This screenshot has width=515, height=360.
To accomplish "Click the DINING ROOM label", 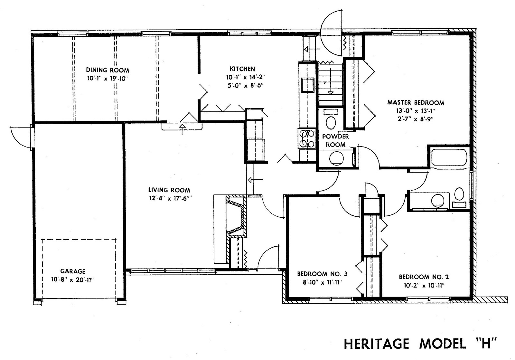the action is (x=108, y=70).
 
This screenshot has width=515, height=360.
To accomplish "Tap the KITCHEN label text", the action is (x=242, y=69).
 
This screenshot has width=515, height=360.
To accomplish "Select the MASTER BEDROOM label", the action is (x=416, y=102).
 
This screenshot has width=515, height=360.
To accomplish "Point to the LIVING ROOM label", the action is (x=169, y=190).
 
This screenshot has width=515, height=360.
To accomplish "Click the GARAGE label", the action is (x=73, y=271).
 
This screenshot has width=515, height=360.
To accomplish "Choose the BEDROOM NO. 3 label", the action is (x=322, y=274).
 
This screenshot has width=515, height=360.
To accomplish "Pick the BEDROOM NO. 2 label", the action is (x=424, y=277).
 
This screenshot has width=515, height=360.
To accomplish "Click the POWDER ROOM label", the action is (x=336, y=140).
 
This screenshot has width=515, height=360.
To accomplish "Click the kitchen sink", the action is (x=308, y=85).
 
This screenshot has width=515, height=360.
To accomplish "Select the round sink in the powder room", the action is (x=337, y=158).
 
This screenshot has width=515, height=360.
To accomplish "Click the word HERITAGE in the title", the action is (x=377, y=344).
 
